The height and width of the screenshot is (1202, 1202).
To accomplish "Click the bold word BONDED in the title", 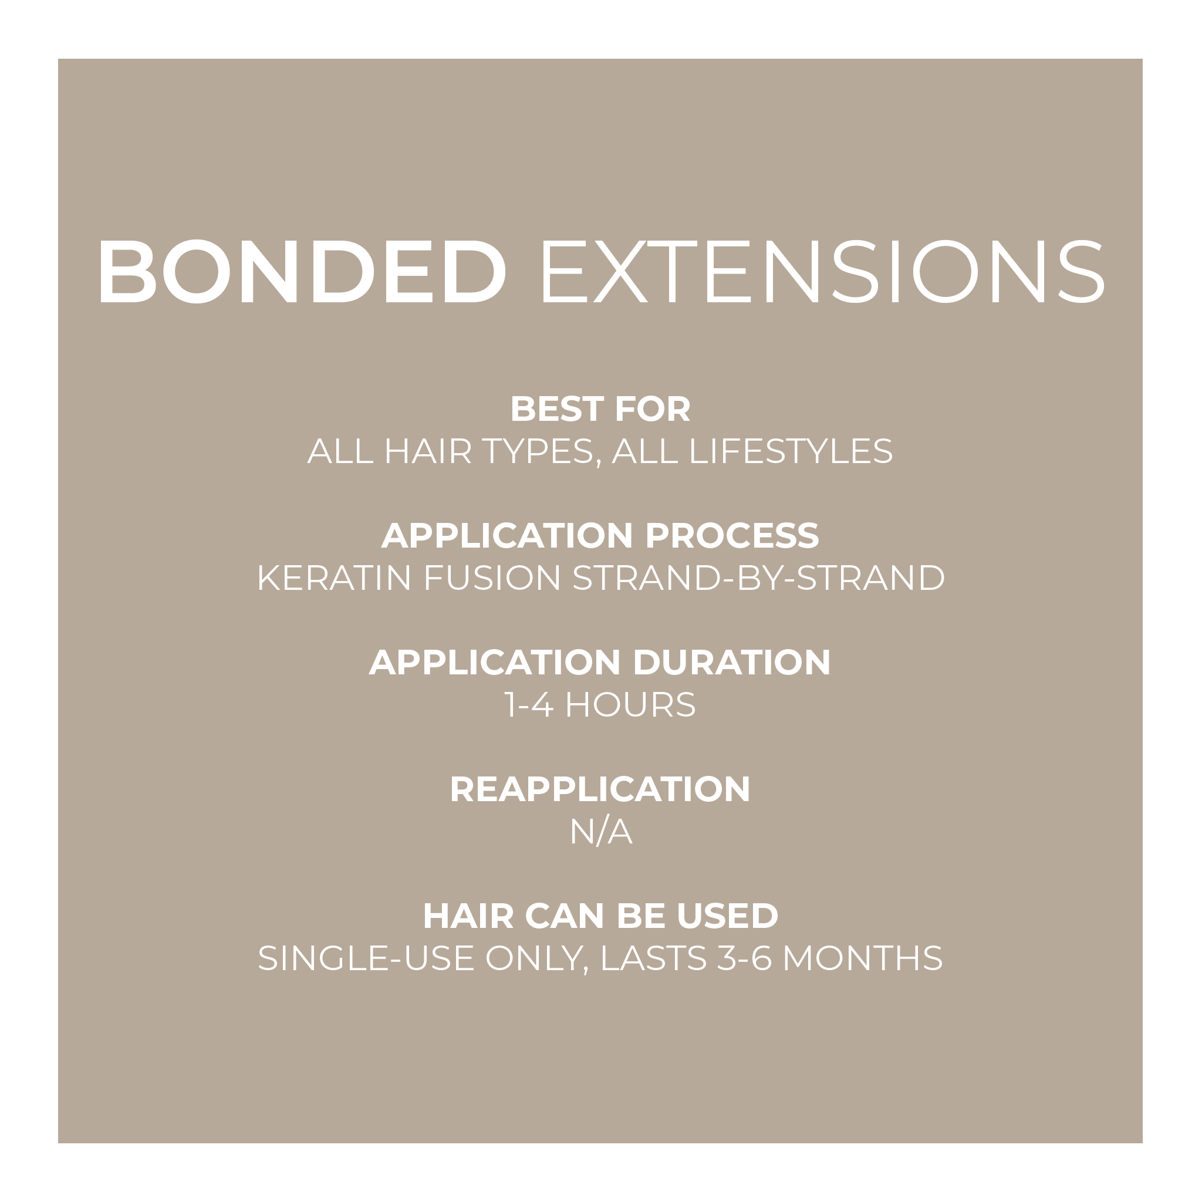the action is pos(302,272).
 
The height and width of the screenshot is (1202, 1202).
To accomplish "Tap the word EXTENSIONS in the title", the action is pos(822,272).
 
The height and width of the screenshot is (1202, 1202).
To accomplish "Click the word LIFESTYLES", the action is pos(791,451).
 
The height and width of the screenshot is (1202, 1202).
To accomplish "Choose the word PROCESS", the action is pos(732,536).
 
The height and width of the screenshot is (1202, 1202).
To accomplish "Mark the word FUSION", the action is pos(492,578).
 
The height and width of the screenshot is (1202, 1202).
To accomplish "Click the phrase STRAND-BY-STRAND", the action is pos(758,578).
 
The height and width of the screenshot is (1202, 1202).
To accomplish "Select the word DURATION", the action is pos(732,662).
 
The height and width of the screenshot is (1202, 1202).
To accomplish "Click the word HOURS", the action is pos(630,705).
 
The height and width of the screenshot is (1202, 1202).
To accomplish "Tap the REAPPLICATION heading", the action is pos(600,789).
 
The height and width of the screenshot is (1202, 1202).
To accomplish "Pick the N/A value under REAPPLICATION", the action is pos(601,832).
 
